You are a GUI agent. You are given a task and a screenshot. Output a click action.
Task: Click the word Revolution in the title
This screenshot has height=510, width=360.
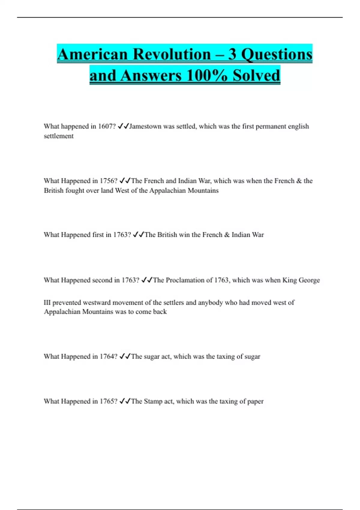click(172, 54)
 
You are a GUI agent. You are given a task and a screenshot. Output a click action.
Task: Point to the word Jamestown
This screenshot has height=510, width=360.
click(145, 126)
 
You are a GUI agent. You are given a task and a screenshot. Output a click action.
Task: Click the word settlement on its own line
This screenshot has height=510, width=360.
click(58, 136)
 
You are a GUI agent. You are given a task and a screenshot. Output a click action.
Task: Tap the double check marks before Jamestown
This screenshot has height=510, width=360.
click(123, 126)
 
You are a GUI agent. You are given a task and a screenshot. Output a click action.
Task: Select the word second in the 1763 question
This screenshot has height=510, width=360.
click(102, 280)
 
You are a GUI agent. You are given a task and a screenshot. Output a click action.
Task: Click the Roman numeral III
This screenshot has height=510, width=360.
click(47, 302)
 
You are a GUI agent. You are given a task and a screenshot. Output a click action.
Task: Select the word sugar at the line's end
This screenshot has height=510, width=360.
click(252, 356)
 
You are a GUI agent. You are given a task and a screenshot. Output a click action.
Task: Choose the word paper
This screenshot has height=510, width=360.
click(255, 401)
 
